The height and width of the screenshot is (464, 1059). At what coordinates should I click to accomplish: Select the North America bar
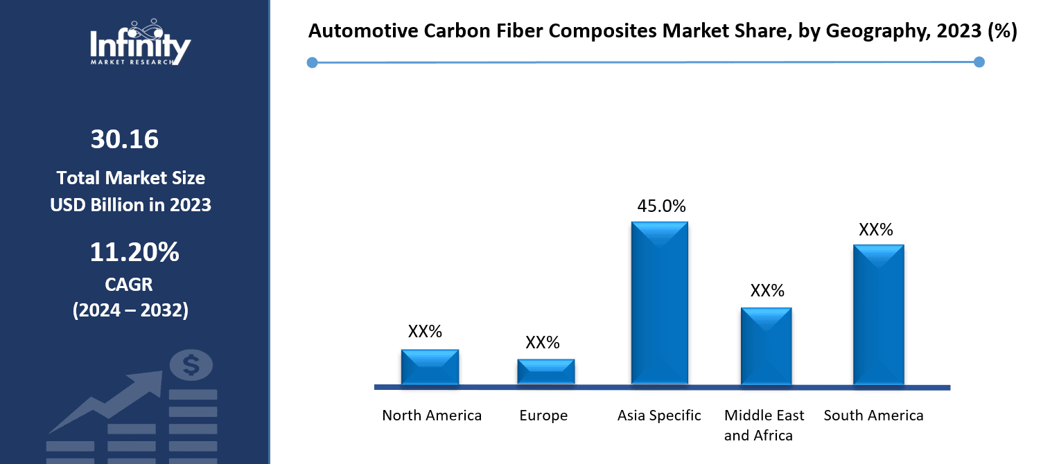pyautogui.click(x=430, y=367)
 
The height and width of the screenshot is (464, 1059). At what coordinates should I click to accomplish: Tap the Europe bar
pyautogui.click(x=546, y=372)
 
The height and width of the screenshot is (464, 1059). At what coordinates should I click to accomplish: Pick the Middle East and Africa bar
pyautogui.click(x=766, y=346)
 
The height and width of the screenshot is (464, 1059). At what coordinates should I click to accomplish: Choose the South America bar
pyautogui.click(x=878, y=315)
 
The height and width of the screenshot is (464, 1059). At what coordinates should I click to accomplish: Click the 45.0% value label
pyautogui.click(x=661, y=206)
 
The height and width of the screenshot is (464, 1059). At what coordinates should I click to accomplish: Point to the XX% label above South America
pyautogui.click(x=876, y=230)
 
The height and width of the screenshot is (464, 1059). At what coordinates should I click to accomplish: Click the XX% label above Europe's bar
pyautogui.click(x=543, y=343)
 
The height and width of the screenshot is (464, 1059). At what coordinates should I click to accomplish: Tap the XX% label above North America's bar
pyautogui.click(x=425, y=332)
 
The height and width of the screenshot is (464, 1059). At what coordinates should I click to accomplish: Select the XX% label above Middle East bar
pyautogui.click(x=767, y=291)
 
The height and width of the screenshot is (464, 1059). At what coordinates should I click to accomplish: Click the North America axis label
pyautogui.click(x=432, y=416)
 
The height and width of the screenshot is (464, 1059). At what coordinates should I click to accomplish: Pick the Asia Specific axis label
pyautogui.click(x=659, y=416)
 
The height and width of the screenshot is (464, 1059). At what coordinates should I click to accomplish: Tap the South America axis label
pyautogui.click(x=873, y=416)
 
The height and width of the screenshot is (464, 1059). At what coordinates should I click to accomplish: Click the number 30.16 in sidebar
pyautogui.click(x=125, y=140)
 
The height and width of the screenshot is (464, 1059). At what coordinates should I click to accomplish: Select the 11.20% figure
pyautogui.click(x=134, y=253)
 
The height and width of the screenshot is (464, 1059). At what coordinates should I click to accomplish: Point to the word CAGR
pyautogui.click(x=129, y=285)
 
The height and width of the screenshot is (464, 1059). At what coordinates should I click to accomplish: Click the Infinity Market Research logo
pyautogui.click(x=140, y=44)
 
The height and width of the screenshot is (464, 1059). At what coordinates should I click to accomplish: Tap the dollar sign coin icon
pyautogui.click(x=191, y=365)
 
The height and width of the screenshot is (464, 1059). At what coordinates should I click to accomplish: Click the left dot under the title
pyautogui.click(x=312, y=63)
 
